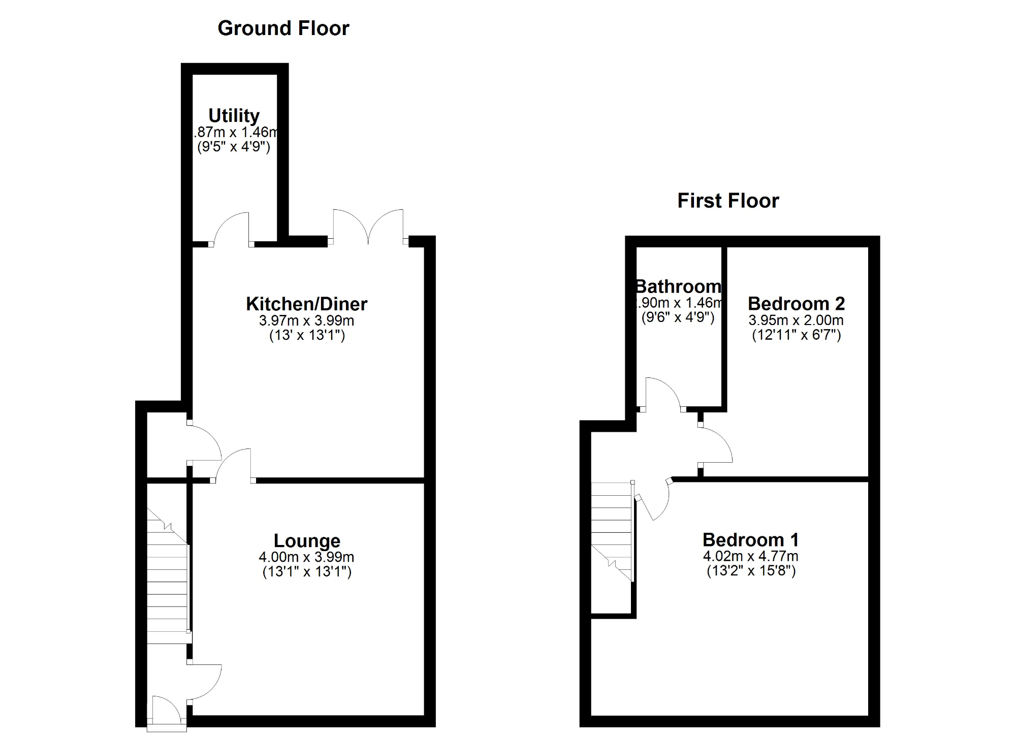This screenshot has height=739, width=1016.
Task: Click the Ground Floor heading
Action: (x=283, y=28)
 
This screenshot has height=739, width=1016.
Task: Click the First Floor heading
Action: (x=727, y=201)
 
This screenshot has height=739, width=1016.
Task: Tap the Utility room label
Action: (x=234, y=116)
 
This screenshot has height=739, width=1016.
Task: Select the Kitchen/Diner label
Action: (x=306, y=304)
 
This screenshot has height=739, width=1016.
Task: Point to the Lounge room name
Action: (x=307, y=540)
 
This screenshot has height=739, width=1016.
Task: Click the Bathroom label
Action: (x=678, y=286)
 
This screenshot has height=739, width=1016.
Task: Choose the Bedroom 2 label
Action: (x=796, y=303)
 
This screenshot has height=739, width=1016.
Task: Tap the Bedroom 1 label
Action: (x=750, y=539)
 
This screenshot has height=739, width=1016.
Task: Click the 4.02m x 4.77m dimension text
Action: (x=750, y=556)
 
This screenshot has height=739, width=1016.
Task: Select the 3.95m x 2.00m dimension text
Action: (x=796, y=320)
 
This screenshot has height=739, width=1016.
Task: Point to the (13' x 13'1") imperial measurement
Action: (x=307, y=336)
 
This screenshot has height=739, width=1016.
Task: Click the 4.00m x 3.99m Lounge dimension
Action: (x=306, y=557)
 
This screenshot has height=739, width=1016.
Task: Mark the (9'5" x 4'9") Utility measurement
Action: (x=234, y=147)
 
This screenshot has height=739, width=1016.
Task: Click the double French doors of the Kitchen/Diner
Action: (x=368, y=226)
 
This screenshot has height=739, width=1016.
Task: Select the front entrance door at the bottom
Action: (x=166, y=711)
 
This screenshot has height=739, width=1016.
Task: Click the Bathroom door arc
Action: (x=661, y=394)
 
